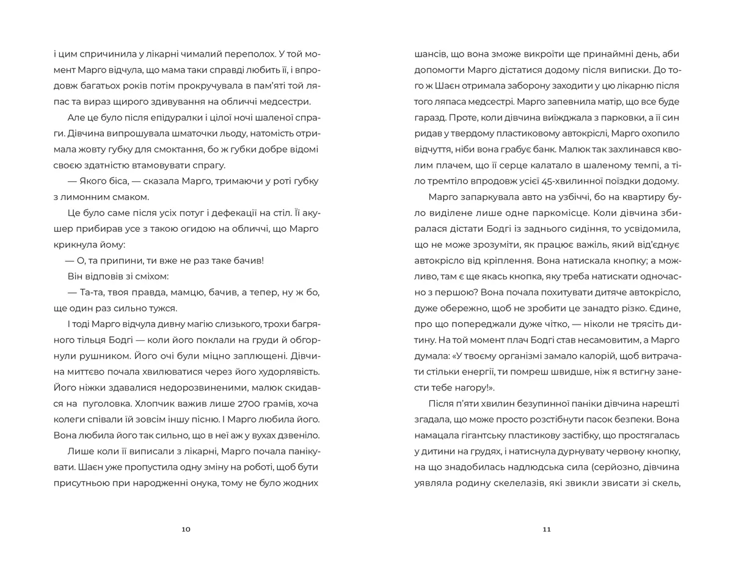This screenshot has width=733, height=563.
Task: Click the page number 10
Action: point(186,529)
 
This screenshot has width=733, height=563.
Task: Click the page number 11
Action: point(546,529)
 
